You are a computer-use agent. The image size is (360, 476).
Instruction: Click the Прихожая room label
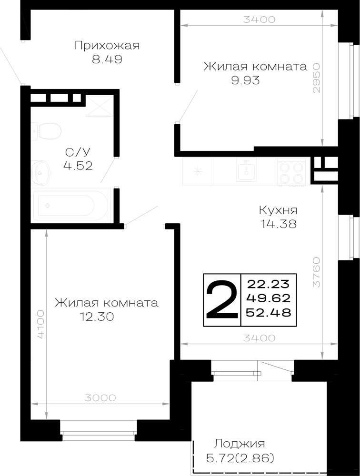tap(107, 46)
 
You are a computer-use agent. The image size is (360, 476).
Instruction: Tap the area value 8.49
tap(107, 59)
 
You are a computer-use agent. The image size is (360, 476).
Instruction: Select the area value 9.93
tap(245, 80)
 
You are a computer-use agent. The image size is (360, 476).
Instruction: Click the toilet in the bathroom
tap(47, 131)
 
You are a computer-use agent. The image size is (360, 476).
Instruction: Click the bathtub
tap(71, 205)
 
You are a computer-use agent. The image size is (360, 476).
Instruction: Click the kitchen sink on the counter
tap(246, 170)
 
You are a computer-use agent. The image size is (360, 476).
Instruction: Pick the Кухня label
tap(278, 210)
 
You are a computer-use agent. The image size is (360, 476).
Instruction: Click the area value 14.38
tap(278, 224)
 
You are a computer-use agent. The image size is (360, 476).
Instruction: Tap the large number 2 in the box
tap(222, 299)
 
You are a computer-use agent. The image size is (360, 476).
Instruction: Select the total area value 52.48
tap(268, 312)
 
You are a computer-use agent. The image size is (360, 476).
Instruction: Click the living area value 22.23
tap(268, 285)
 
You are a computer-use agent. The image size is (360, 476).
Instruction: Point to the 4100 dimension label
tap(40, 324)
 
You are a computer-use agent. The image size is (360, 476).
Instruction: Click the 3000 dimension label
tap(100, 397)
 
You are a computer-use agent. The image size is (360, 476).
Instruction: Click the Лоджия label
tap(240, 444)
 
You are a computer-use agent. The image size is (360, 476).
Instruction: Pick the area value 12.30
tap(97, 317)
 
